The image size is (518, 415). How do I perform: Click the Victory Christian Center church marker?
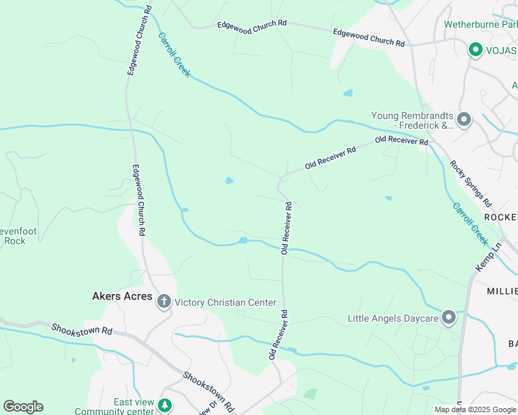164,302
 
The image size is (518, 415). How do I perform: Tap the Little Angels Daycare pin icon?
448,317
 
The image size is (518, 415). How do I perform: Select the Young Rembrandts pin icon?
464,120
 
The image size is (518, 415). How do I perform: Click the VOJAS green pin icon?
476,50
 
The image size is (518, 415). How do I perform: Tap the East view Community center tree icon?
164,404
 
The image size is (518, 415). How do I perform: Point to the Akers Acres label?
122,297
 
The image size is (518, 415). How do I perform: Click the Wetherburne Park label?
480,25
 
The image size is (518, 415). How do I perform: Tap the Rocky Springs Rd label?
470,184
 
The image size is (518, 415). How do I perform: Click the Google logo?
23,407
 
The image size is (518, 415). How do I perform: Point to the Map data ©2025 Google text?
475,409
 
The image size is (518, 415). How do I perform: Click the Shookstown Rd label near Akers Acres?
81,330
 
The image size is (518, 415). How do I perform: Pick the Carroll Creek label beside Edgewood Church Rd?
174,55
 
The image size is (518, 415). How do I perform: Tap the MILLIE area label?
502,291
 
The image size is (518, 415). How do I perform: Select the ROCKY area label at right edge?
501,217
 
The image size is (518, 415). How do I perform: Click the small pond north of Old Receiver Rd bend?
229,181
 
